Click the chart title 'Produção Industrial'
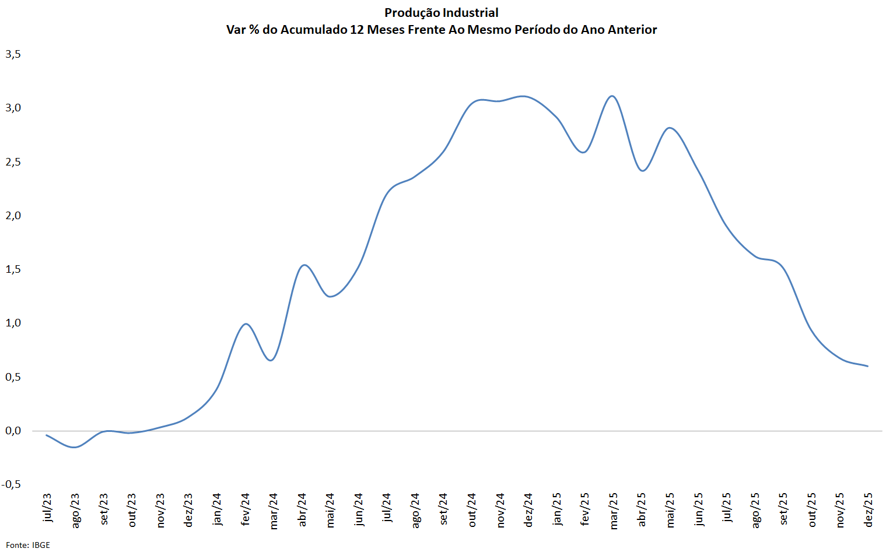click(441, 13)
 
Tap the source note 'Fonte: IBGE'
click(28, 545)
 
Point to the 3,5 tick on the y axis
click(13, 54)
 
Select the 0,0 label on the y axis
click(13, 431)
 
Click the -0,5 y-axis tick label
click(12, 484)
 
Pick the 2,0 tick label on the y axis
click(13, 216)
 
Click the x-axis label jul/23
click(47, 508)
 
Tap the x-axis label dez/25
click(868, 510)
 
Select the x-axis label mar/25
click(613, 511)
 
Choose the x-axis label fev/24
click(245, 509)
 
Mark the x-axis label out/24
click(472, 510)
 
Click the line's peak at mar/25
click(612, 96)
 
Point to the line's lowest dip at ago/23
click(75, 447)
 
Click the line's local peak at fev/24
click(246, 324)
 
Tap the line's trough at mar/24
click(271, 360)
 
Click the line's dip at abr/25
click(643, 171)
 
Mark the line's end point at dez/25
click(868, 366)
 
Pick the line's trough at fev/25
click(583, 152)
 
